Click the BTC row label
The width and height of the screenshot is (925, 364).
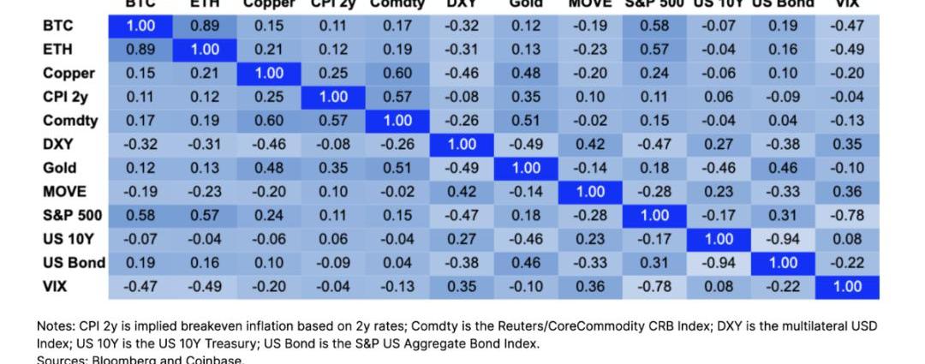pyautogui.click(x=57, y=27)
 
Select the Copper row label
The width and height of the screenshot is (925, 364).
pyautogui.click(x=69, y=74)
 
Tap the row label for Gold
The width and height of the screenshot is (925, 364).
pyautogui.click(x=59, y=168)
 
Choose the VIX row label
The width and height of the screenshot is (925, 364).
pyautogui.click(x=55, y=286)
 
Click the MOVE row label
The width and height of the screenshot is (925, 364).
pyautogui.click(x=64, y=192)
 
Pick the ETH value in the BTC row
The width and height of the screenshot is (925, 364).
pyautogui.click(x=205, y=27)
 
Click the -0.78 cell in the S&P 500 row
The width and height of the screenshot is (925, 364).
pyautogui.click(x=847, y=216)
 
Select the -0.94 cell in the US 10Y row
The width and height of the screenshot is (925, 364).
pyautogui.click(x=783, y=239)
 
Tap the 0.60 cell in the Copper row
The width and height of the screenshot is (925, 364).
pyautogui.click(x=397, y=74)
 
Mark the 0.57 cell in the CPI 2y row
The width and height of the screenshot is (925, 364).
pyautogui.click(x=397, y=97)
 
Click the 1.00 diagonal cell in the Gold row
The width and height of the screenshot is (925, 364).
pyautogui.click(x=526, y=168)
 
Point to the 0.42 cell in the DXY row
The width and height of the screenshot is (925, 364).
pyautogui.click(x=590, y=145)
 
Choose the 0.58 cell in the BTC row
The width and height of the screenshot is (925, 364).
pyautogui.click(x=654, y=27)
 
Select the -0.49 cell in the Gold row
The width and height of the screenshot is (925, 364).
pyautogui.click(x=462, y=168)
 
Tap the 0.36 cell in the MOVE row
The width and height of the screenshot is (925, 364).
pyautogui.click(x=847, y=192)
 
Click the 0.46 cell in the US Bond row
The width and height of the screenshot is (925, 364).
pyautogui.click(x=526, y=263)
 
